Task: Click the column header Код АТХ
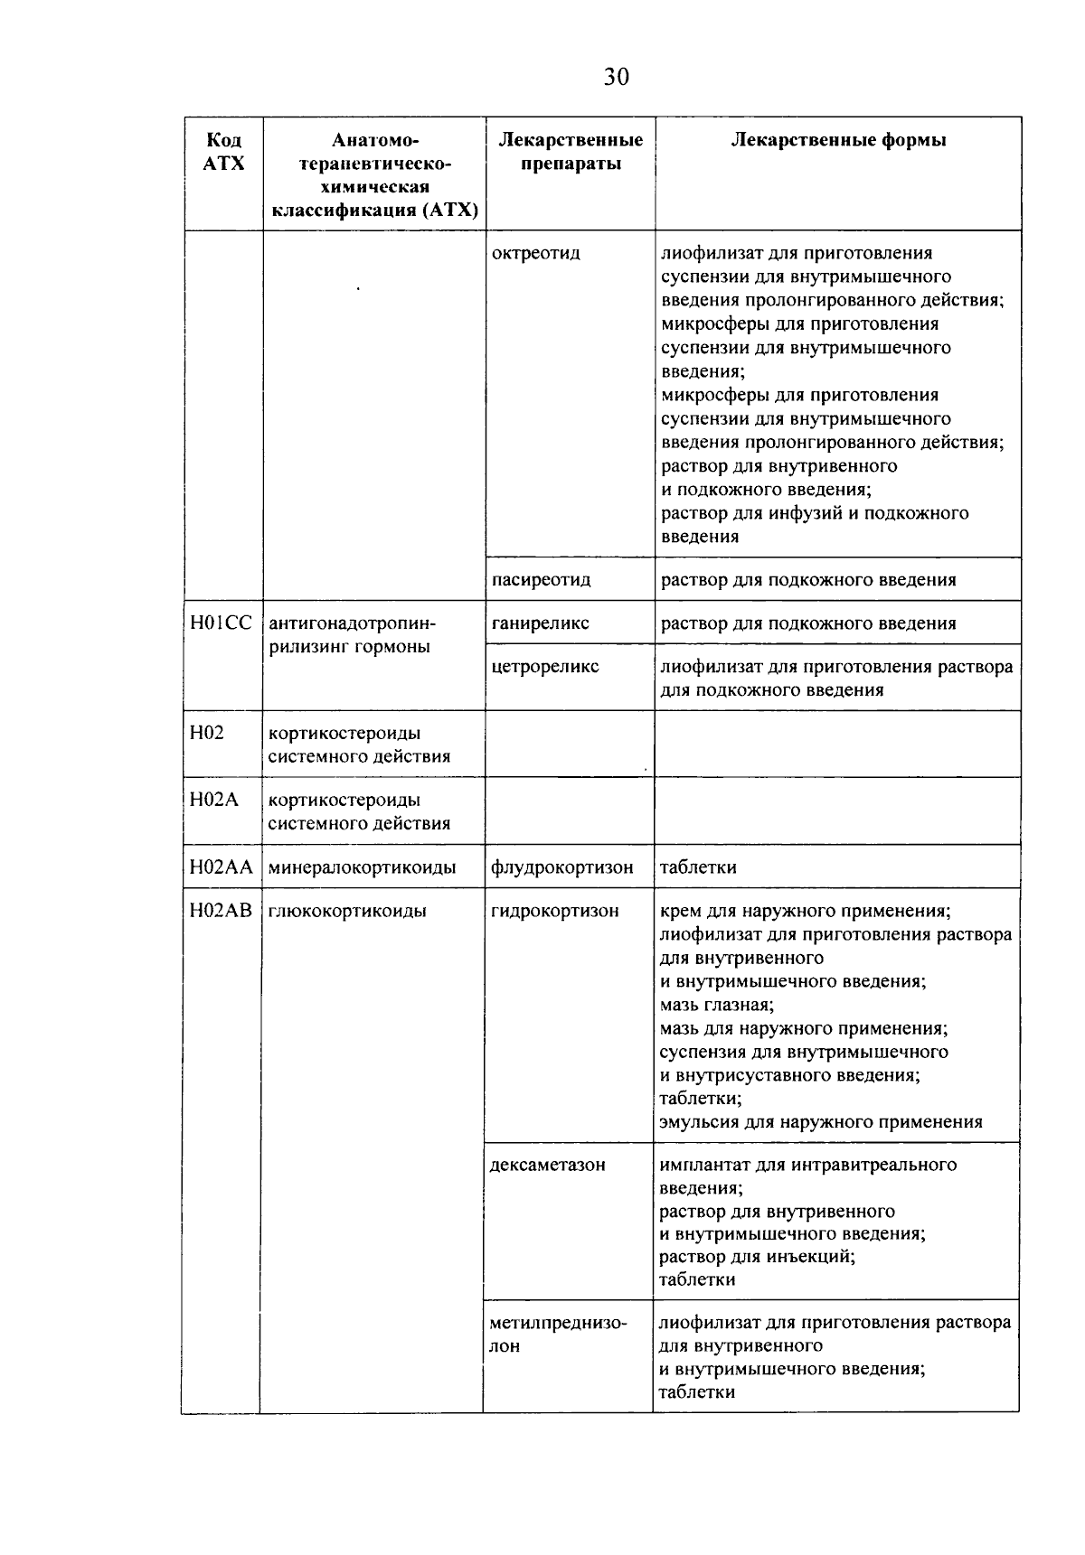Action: pyautogui.click(x=224, y=152)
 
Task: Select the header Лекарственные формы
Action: pyautogui.click(x=838, y=140)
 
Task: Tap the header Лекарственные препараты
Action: pyautogui.click(x=571, y=152)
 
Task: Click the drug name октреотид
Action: pyautogui.click(x=535, y=253)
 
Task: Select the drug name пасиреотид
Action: pyautogui.click(x=541, y=579)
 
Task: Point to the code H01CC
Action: pyautogui.click(x=222, y=623)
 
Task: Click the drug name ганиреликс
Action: pyautogui.click(x=540, y=623)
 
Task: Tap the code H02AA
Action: pyautogui.click(x=221, y=866)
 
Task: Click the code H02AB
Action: pyautogui.click(x=221, y=910)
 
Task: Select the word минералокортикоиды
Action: pyautogui.click(x=362, y=867)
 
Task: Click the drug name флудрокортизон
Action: pyautogui.click(x=561, y=867)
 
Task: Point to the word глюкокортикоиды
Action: pyautogui.click(x=346, y=911)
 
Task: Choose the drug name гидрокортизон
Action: pyautogui.click(x=554, y=911)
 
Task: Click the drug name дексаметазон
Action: pyautogui.click(x=547, y=1165)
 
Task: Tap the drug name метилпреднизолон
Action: pyautogui.click(x=557, y=1334)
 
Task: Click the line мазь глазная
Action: pyautogui.click(x=716, y=1005)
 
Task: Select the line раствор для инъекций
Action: pyautogui.click(x=757, y=1257)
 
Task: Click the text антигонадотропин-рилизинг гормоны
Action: pyautogui.click(x=352, y=634)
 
